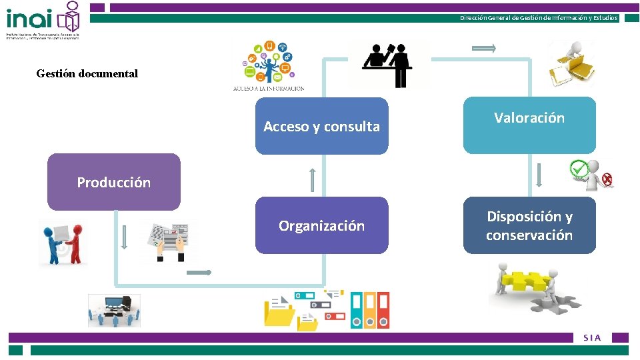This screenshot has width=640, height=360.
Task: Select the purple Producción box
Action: coord(114,182)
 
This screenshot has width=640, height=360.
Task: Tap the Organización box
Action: coord(321,225)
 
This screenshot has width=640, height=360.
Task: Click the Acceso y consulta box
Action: coord(321,126)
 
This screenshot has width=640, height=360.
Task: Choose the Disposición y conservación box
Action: coord(529,225)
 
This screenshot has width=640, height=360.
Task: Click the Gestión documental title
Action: coord(87,74)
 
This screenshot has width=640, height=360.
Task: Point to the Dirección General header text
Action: coord(539,18)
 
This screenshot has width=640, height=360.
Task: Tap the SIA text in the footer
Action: coord(592,338)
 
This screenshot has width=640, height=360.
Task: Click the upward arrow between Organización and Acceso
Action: coord(312,179)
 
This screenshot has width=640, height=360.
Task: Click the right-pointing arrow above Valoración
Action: coord(483,48)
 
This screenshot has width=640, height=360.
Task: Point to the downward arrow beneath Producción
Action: coord(123,238)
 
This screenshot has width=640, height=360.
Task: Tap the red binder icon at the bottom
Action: coord(383,310)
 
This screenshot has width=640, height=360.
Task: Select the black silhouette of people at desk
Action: coord(389,65)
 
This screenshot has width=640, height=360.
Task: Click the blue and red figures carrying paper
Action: coord(63,243)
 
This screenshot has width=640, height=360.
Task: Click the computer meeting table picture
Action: coord(114,310)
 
